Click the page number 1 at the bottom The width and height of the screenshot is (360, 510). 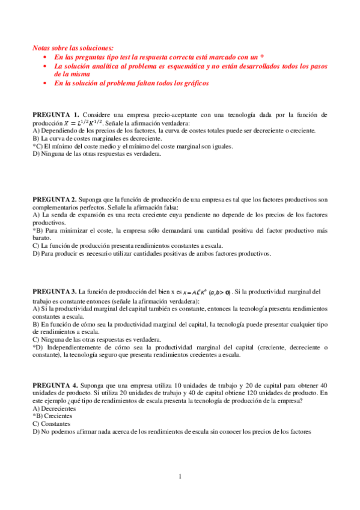click(180, 478)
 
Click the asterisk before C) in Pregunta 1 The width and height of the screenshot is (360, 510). click(34, 146)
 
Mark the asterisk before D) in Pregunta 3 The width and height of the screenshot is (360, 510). click(34, 347)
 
